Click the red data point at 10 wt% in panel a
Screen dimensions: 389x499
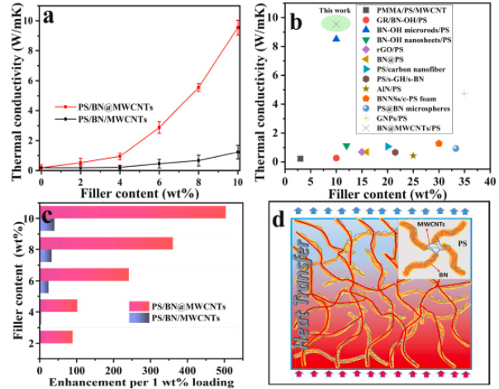click(x=239, y=29)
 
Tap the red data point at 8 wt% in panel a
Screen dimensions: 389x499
click(x=198, y=88)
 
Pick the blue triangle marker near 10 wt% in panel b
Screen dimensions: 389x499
click(x=335, y=38)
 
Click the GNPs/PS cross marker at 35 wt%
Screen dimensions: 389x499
click(x=464, y=93)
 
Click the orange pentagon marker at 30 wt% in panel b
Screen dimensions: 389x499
click(x=439, y=144)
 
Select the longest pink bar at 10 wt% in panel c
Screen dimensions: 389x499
click(x=132, y=212)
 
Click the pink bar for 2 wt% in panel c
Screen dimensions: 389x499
click(x=56, y=336)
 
